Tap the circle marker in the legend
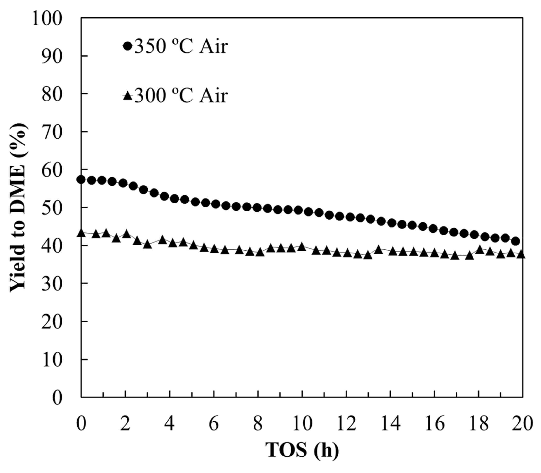pyautogui.click(x=127, y=46)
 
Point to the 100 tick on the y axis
pyautogui.click(x=47, y=18)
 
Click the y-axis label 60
pyautogui.click(x=52, y=169)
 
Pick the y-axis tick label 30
pyautogui.click(x=52, y=283)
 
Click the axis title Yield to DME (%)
pyautogui.click(x=18, y=207)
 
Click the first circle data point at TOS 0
pyautogui.click(x=81, y=179)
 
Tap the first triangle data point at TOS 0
pyautogui.click(x=81, y=233)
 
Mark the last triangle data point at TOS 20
pyautogui.click(x=521, y=254)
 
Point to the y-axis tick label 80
pyautogui.click(x=52, y=94)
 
